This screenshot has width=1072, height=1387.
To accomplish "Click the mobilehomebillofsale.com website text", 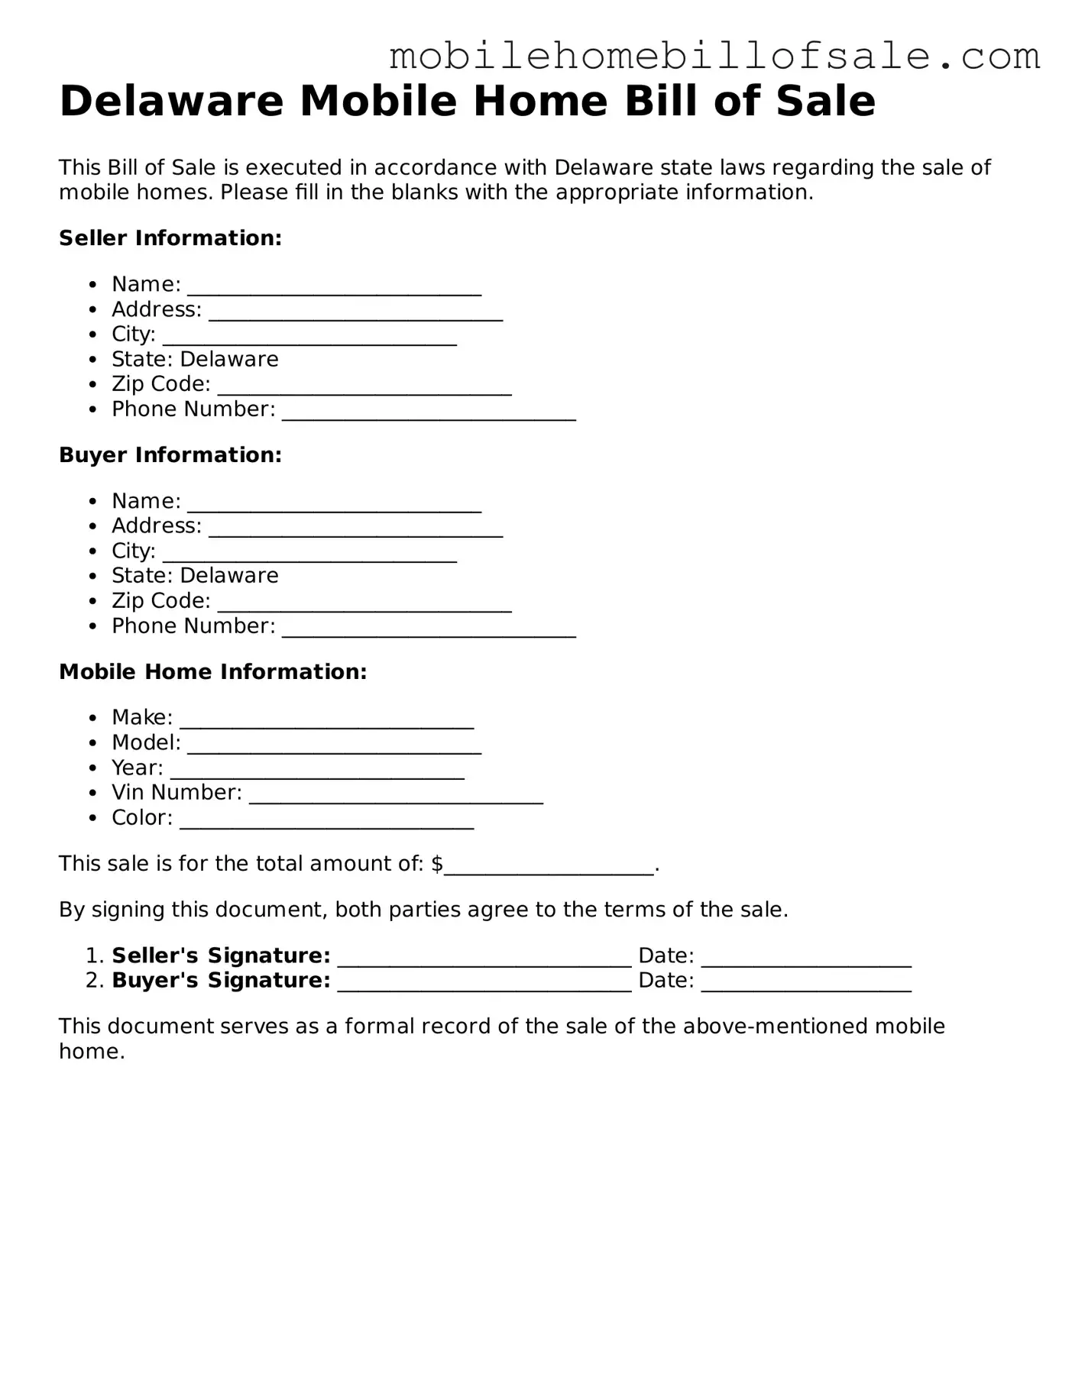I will [714, 57].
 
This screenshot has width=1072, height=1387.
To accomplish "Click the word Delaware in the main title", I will [171, 102].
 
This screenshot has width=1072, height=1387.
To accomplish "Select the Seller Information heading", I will [170, 238].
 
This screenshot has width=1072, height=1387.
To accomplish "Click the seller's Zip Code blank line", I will [364, 389].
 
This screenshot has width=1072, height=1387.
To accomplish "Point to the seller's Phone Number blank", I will [429, 414].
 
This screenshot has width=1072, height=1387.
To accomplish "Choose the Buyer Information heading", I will [170, 455].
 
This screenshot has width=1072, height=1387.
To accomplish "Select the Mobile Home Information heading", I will [213, 672].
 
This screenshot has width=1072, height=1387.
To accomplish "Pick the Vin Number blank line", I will [396, 797].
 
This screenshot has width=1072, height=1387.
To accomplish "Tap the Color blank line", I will [326, 823].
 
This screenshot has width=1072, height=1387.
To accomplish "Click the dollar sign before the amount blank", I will [437, 864].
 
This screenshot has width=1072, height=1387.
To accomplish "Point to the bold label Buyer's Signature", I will [221, 981].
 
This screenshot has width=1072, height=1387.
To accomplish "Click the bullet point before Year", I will [93, 768].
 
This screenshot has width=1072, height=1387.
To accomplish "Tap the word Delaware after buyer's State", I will [229, 576].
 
